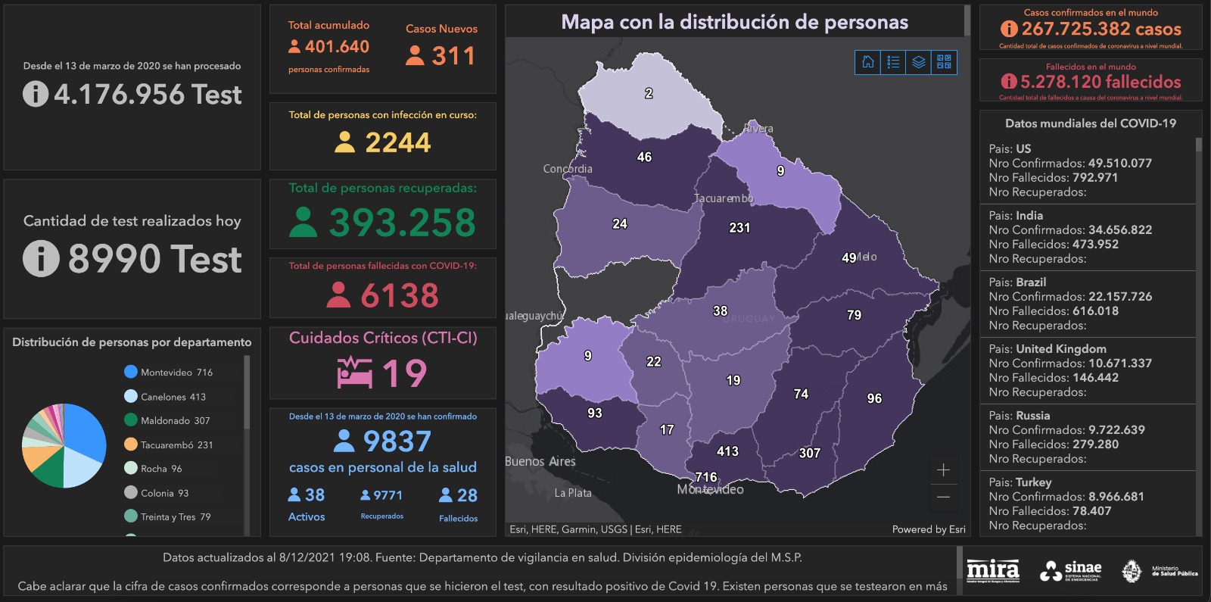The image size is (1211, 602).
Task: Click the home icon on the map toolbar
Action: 868,62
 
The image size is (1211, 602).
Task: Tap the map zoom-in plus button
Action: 943,470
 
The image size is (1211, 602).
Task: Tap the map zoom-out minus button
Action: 943,498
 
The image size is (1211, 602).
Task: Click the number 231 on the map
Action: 739,227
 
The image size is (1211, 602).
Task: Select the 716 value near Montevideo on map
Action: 706,477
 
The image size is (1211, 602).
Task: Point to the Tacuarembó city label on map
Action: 724,198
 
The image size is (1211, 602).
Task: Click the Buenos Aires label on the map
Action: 540,461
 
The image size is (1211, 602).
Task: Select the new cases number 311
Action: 453,56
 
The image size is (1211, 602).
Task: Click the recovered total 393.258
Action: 402,223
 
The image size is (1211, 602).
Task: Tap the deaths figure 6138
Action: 400,295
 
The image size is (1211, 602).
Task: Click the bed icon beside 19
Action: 355,373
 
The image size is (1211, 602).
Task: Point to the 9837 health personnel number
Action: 397,441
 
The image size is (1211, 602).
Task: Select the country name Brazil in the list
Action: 1030,282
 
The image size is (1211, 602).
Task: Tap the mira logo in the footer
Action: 992,570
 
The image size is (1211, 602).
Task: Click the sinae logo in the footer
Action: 1070,570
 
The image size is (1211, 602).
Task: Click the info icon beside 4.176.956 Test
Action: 36,94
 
